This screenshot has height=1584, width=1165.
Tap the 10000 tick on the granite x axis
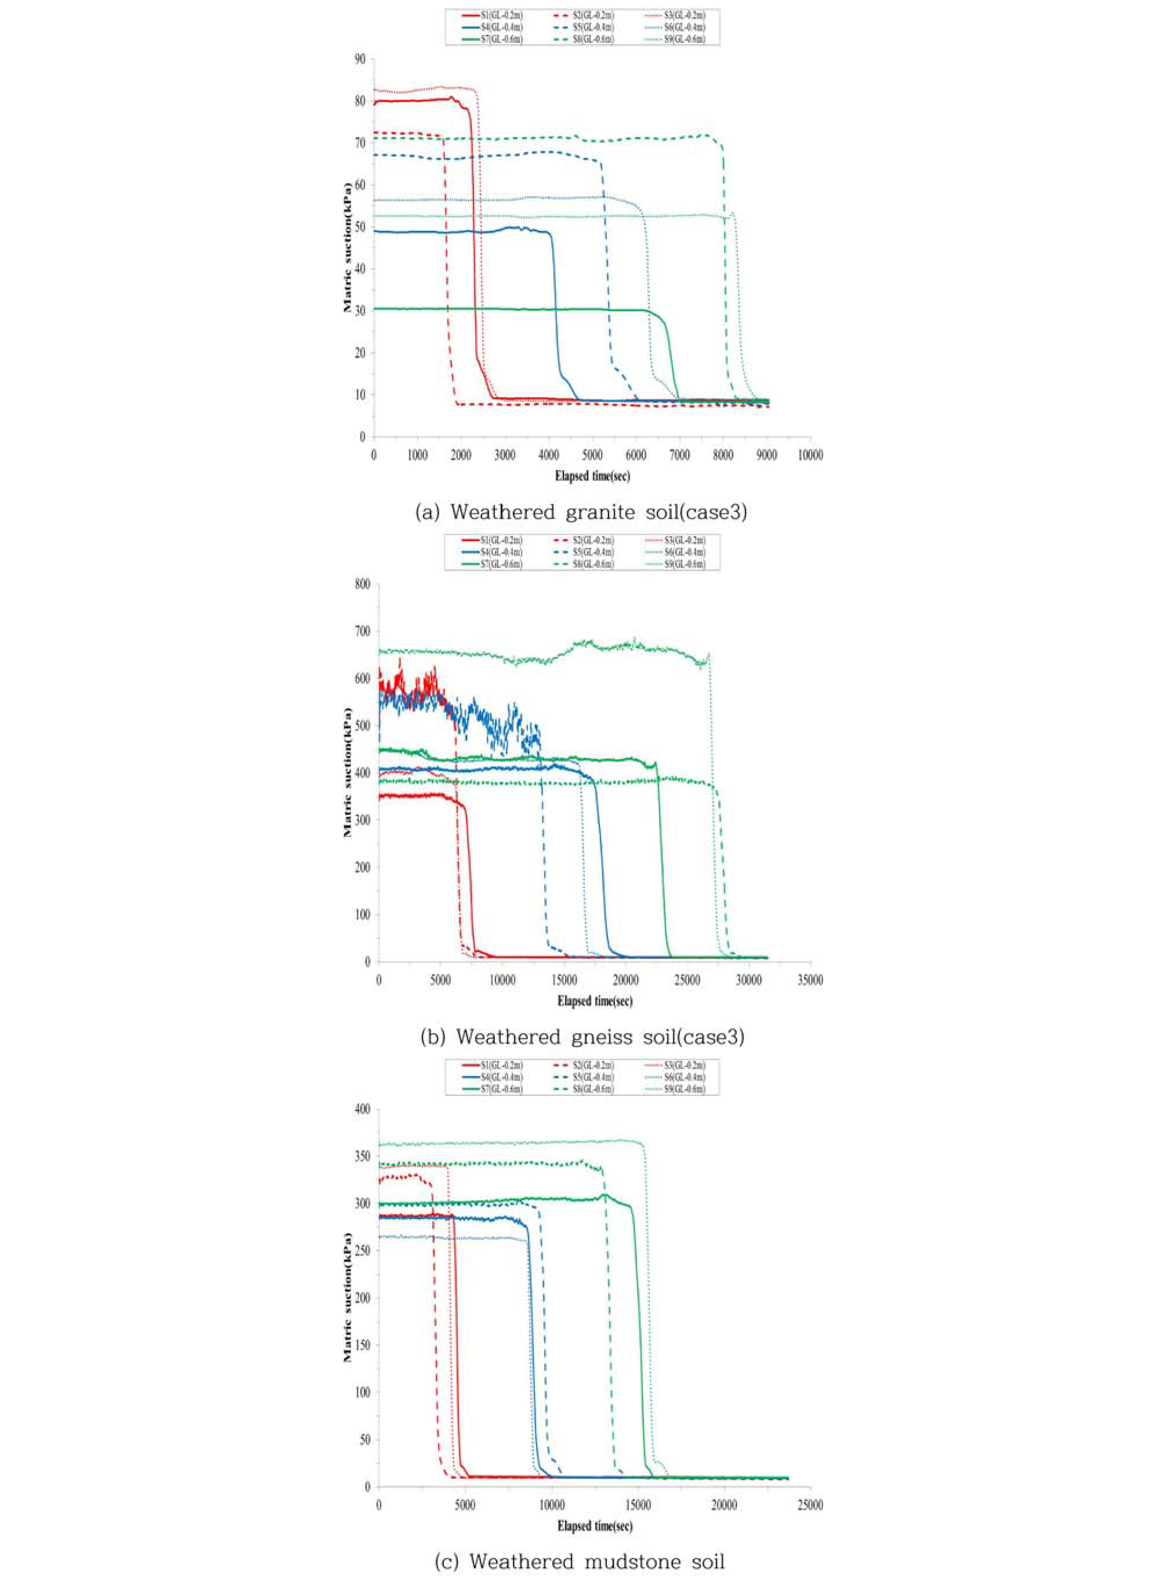[x=809, y=455]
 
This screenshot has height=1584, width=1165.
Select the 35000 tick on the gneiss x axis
[x=809, y=980]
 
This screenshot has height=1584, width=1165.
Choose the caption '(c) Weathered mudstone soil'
[x=579, y=1556]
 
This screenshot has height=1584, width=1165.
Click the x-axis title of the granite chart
[x=592, y=475]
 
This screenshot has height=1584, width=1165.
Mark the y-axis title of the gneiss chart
[x=348, y=773]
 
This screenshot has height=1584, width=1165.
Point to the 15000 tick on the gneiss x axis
[x=564, y=980]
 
